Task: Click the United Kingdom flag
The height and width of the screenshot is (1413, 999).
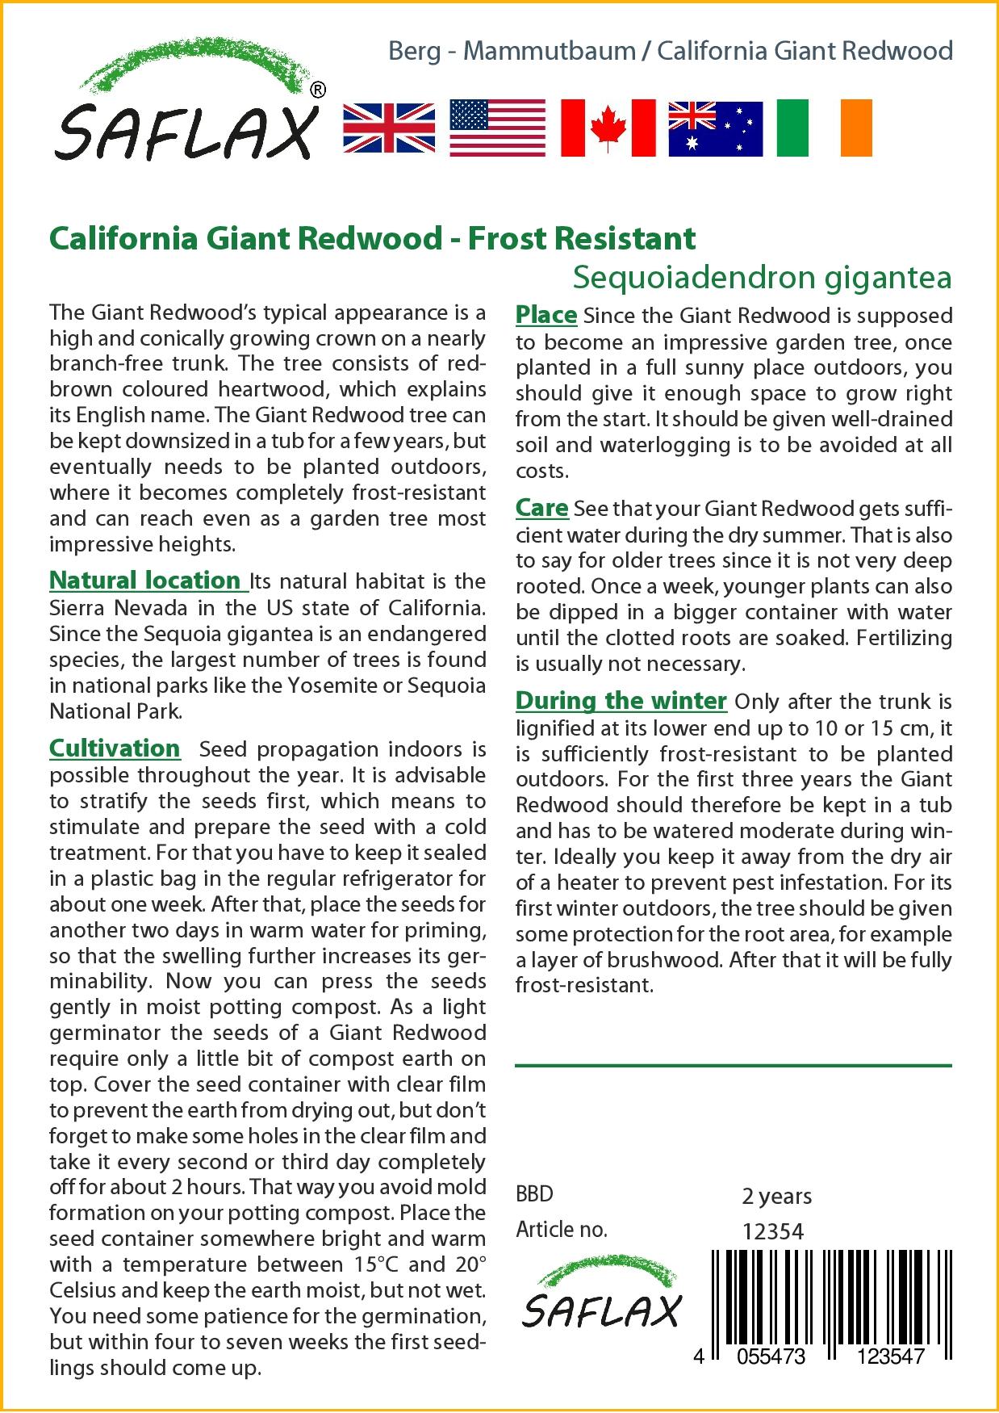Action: pyautogui.click(x=389, y=128)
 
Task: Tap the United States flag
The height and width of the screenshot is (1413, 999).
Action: pyautogui.click(x=497, y=128)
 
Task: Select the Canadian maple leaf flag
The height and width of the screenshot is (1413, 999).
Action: pyautogui.click(x=608, y=128)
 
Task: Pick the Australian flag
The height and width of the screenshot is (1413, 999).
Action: pyautogui.click(x=716, y=128)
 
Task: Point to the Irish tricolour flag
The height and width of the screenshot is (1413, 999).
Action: pyautogui.click(x=824, y=128)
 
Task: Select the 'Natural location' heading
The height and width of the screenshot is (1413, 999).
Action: pyautogui.click(x=146, y=580)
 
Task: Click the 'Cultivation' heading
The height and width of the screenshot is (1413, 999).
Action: pyautogui.click(x=115, y=748)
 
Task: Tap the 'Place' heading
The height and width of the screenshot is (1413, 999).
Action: pyautogui.click(x=546, y=314)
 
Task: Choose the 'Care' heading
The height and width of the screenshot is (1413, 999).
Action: pyautogui.click(x=542, y=508)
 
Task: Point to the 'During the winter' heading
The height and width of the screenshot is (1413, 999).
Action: pyautogui.click(x=621, y=700)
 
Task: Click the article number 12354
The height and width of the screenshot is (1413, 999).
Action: pyautogui.click(x=773, y=1231)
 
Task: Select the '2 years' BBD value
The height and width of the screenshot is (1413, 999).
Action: pyautogui.click(x=777, y=1195)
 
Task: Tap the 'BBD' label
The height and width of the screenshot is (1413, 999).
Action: pyautogui.click(x=534, y=1195)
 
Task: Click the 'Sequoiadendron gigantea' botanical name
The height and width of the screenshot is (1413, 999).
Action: pyautogui.click(x=762, y=277)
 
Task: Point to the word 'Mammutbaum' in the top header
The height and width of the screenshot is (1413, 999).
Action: pyautogui.click(x=550, y=51)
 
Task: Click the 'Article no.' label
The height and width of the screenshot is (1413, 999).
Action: pyautogui.click(x=561, y=1230)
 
